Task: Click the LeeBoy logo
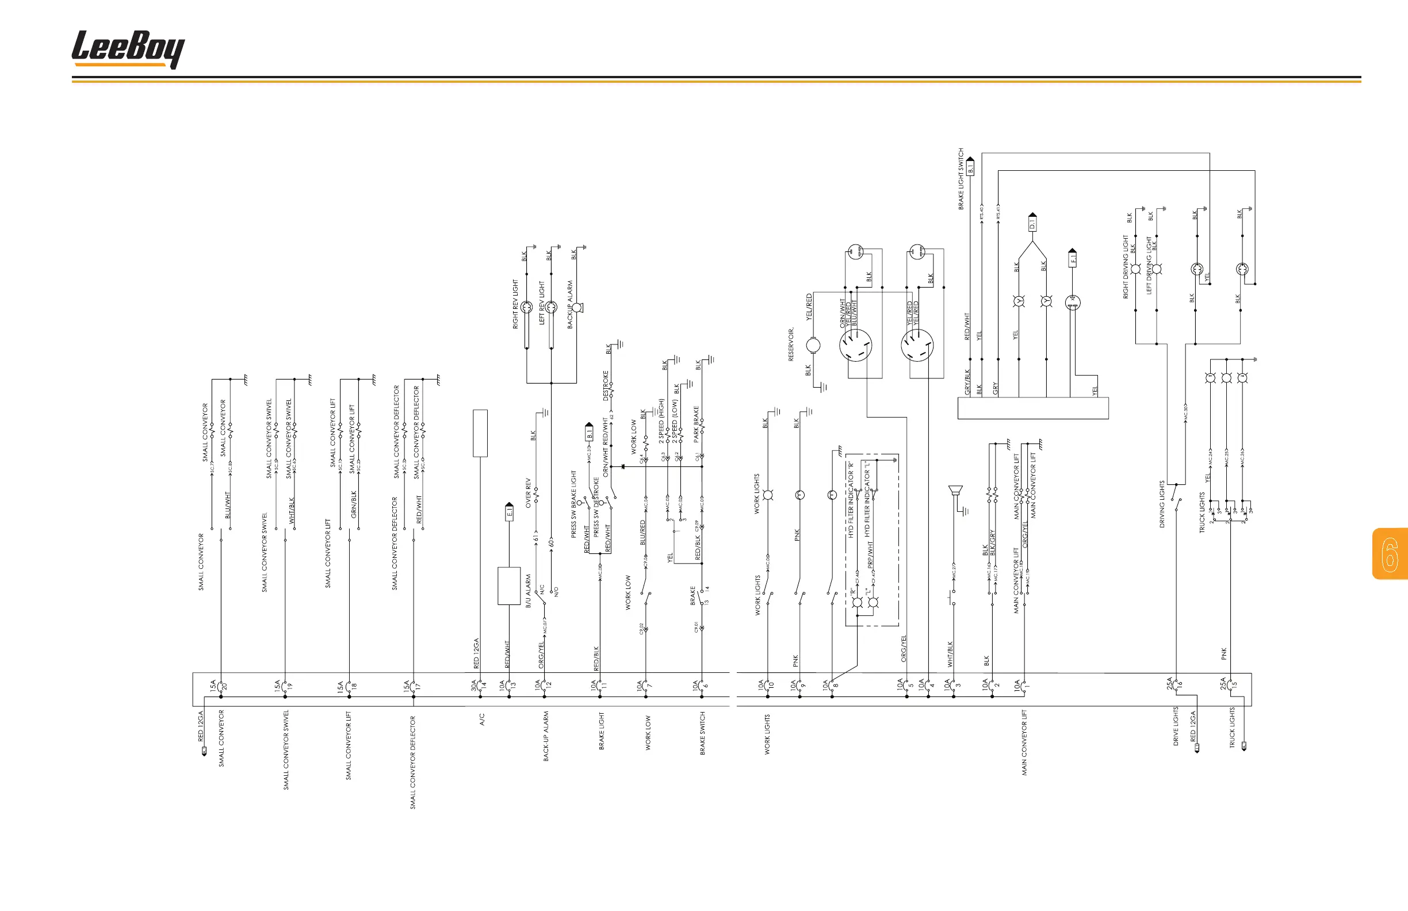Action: click(128, 49)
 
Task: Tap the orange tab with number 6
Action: click(1390, 554)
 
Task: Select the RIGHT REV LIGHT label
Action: click(515, 304)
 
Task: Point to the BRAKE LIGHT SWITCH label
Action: click(961, 179)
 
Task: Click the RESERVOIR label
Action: click(791, 345)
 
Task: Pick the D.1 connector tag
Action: click(1032, 224)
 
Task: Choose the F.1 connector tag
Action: click(1073, 258)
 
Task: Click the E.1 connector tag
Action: click(510, 512)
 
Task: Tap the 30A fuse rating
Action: click(474, 685)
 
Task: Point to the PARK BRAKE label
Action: click(697, 423)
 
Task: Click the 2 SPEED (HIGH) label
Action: click(661, 421)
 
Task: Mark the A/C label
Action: click(482, 719)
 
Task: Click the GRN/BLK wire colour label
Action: click(354, 504)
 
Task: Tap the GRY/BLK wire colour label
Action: click(968, 382)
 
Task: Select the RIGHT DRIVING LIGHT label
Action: click(1126, 267)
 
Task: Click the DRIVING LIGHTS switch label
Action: click(1162, 504)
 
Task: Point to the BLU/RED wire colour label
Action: click(643, 533)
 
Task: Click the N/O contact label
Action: click(556, 591)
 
